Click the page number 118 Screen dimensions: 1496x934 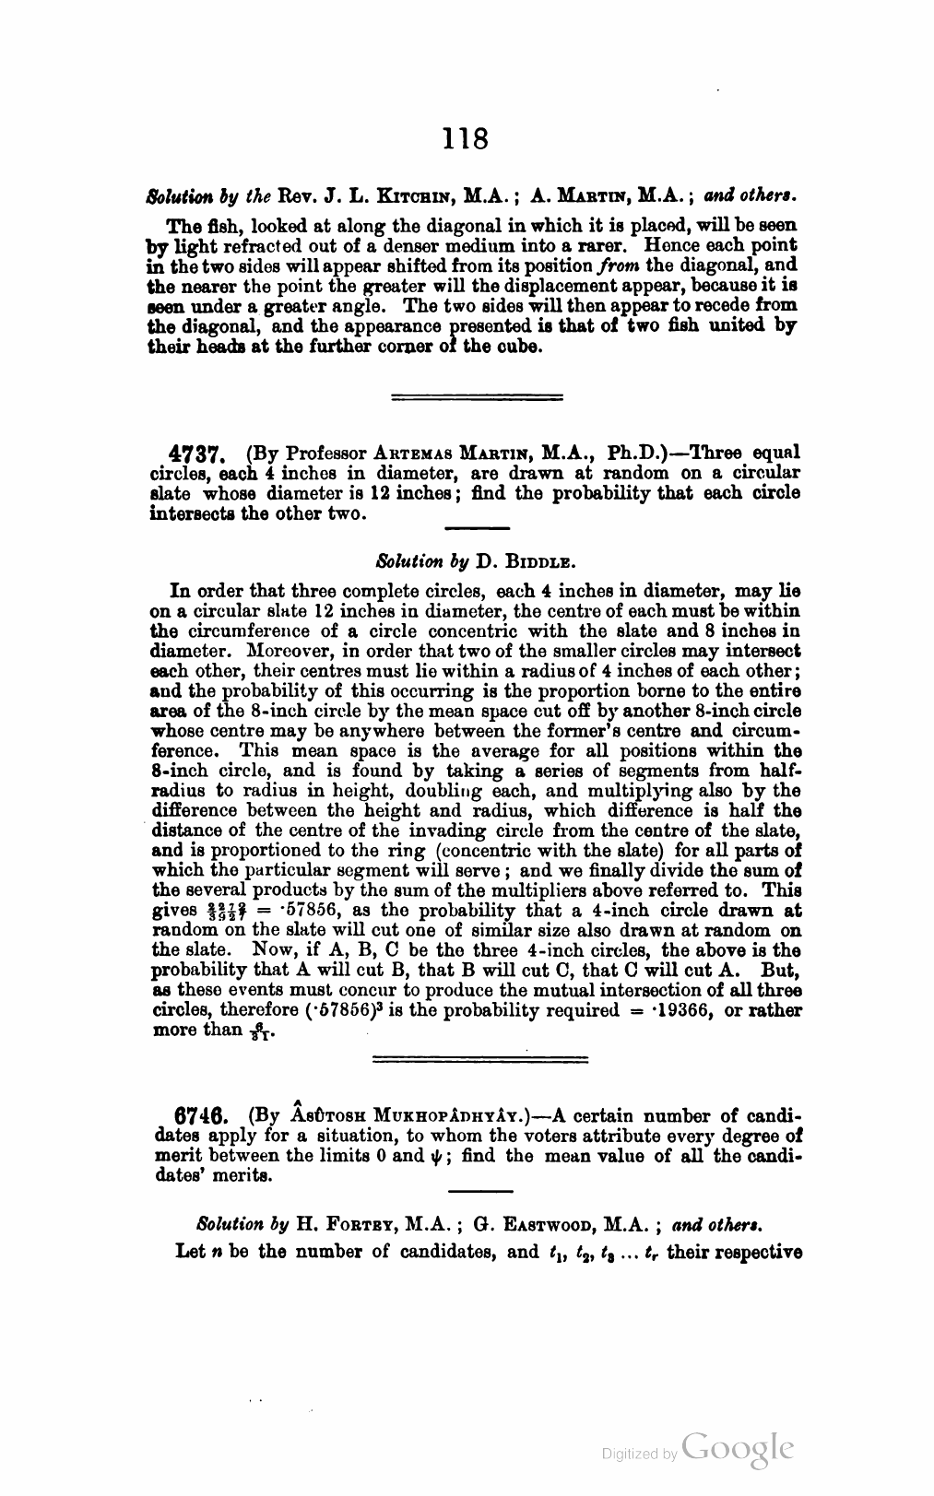pos(465,138)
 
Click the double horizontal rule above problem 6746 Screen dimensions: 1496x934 pos(478,1059)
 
